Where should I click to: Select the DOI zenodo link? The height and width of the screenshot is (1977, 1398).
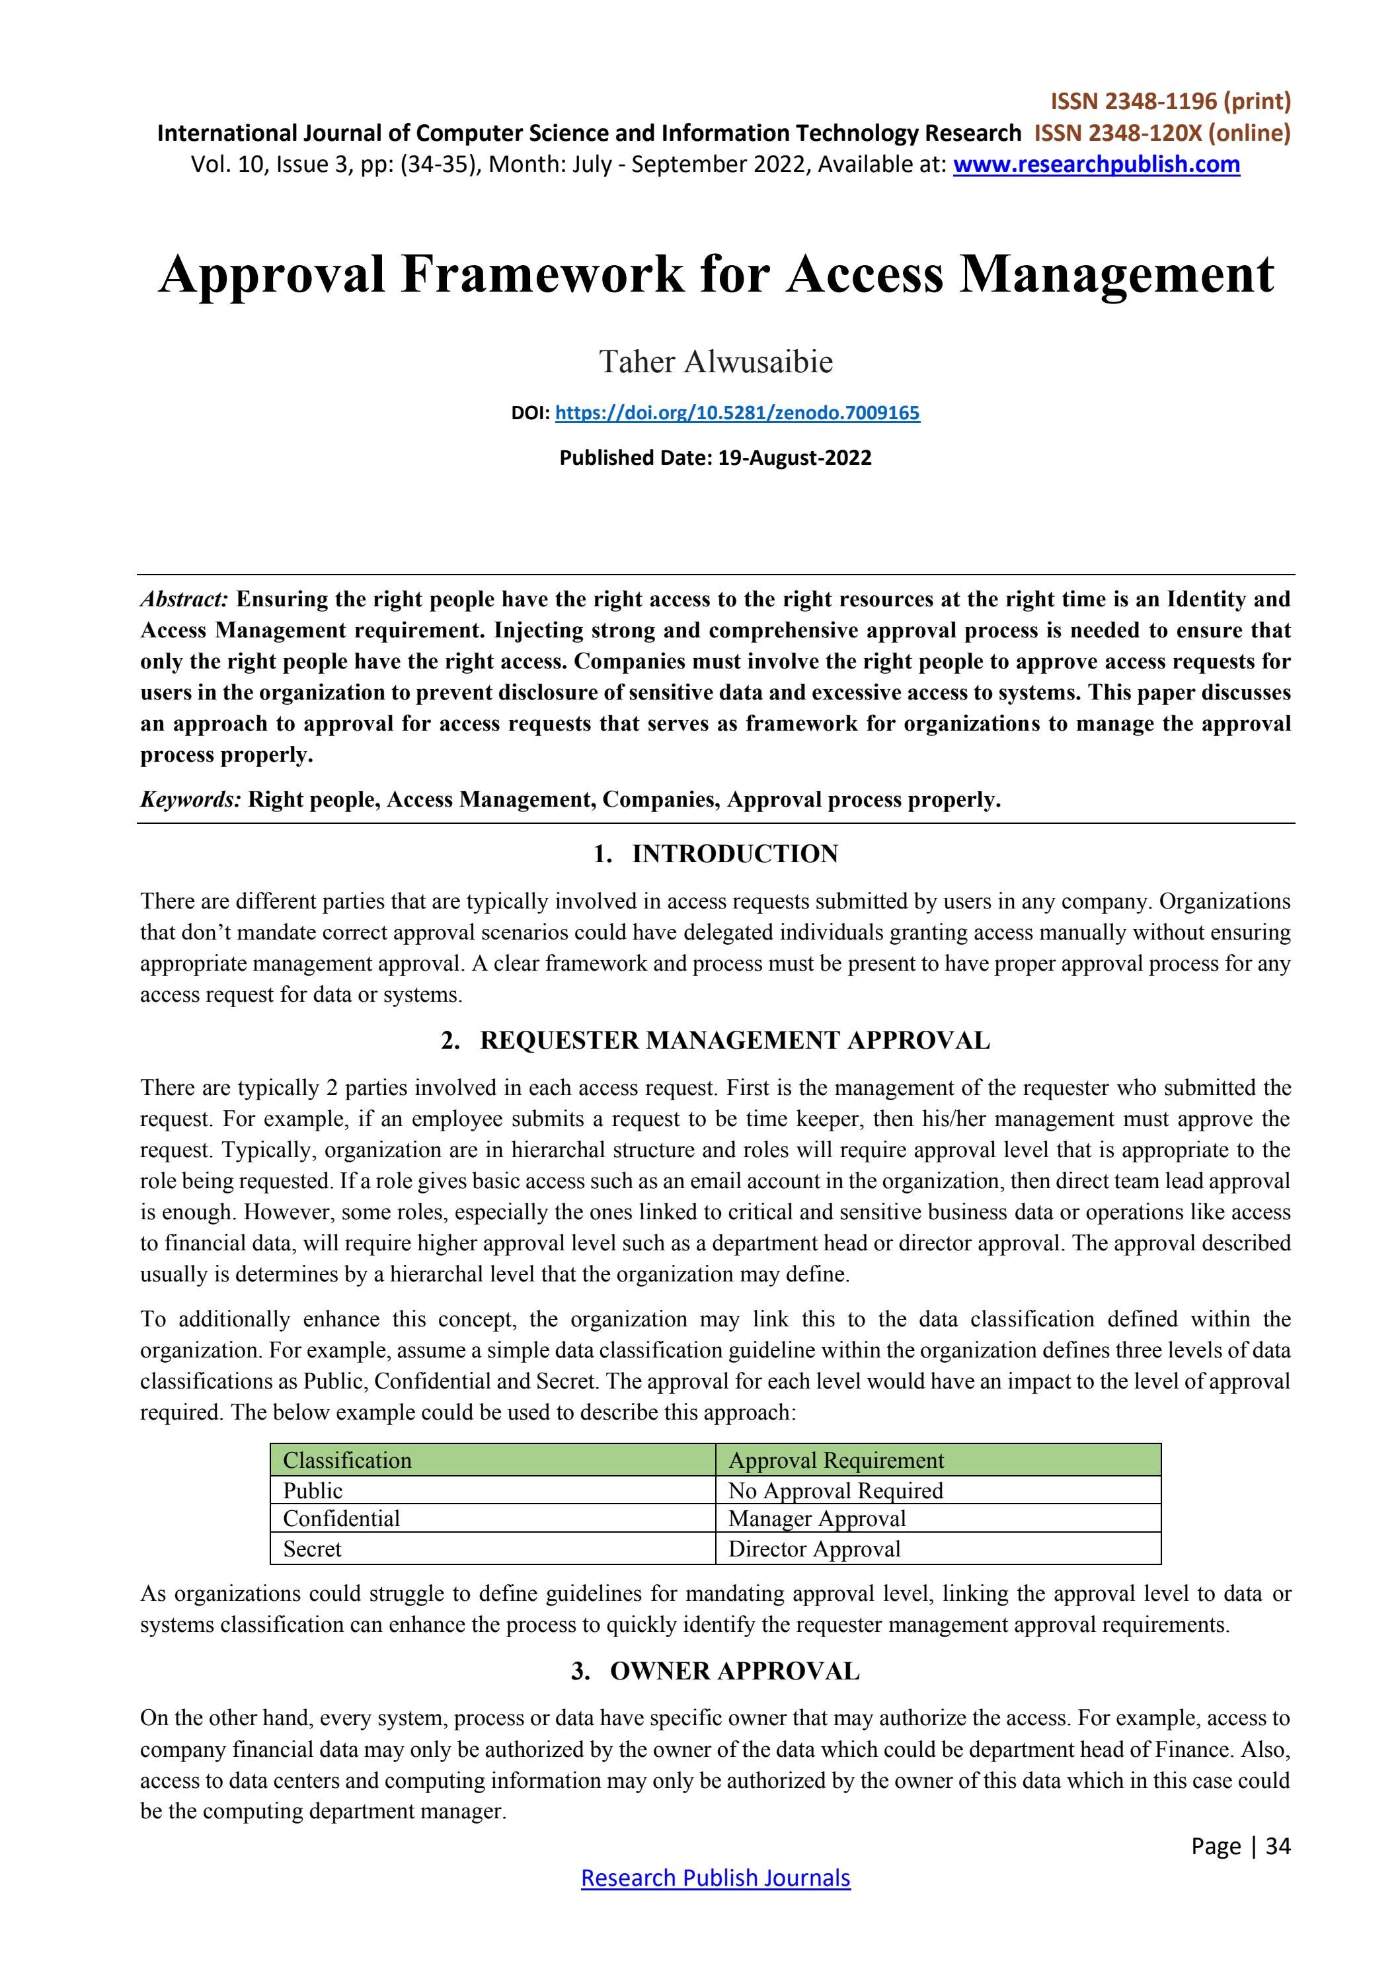point(737,413)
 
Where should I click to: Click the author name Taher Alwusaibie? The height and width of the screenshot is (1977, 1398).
point(715,362)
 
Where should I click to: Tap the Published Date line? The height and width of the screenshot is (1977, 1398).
point(715,458)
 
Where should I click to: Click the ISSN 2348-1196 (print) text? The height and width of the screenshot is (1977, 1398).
point(1170,102)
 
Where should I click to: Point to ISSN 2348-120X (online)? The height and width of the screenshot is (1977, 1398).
point(1162,133)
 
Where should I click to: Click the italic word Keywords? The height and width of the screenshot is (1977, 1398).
point(190,799)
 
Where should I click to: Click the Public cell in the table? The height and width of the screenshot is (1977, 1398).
point(313,1490)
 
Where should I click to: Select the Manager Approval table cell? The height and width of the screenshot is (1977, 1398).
point(816,1518)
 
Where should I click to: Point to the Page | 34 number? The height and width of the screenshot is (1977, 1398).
point(1241,1845)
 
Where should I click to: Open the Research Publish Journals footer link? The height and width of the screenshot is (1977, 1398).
point(715,1877)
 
